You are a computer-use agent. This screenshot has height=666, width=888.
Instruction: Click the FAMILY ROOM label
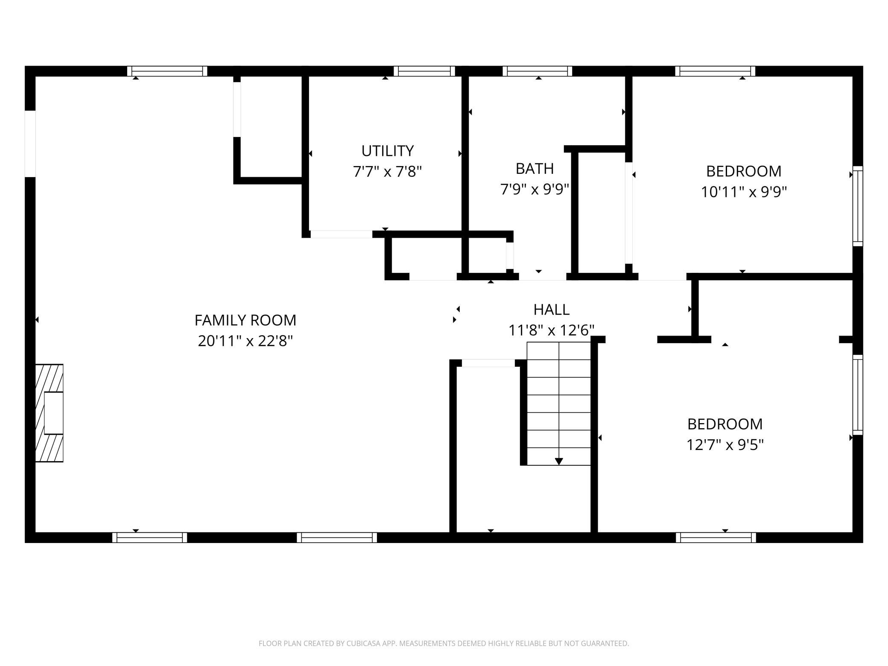pyautogui.click(x=245, y=320)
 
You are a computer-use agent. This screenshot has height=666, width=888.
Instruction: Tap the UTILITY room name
pyautogui.click(x=388, y=151)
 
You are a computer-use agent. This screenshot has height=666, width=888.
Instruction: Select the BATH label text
pyautogui.click(x=535, y=169)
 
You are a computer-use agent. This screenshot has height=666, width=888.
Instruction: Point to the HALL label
pyautogui.click(x=551, y=310)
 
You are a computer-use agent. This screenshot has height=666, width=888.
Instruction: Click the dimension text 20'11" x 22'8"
pyautogui.click(x=245, y=341)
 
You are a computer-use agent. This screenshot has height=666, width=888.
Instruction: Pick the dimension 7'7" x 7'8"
pyautogui.click(x=387, y=172)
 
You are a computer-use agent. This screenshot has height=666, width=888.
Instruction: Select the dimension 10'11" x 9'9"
pyautogui.click(x=744, y=192)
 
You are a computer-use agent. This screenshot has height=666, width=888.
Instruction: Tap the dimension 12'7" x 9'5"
pyautogui.click(x=725, y=445)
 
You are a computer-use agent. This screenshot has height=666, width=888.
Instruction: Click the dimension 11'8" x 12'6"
pyautogui.click(x=551, y=330)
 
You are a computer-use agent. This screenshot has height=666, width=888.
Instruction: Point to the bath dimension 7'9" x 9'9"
pyautogui.click(x=535, y=189)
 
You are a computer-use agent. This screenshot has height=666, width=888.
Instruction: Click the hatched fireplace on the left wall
pyautogui.click(x=49, y=413)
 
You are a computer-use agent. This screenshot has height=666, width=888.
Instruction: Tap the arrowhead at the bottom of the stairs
pyautogui.click(x=559, y=462)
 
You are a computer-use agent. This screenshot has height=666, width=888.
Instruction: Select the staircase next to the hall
pyautogui.click(x=559, y=403)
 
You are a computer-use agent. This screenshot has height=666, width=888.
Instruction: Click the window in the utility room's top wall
pyautogui.click(x=424, y=71)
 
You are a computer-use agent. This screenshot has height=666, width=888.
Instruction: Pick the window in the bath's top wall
pyautogui.click(x=537, y=71)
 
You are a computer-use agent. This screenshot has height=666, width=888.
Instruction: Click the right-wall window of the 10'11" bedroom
pyautogui.click(x=858, y=206)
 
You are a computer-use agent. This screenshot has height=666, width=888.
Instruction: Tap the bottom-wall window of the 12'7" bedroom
pyautogui.click(x=716, y=537)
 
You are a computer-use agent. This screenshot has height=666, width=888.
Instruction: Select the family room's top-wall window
pyautogui.click(x=167, y=71)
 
